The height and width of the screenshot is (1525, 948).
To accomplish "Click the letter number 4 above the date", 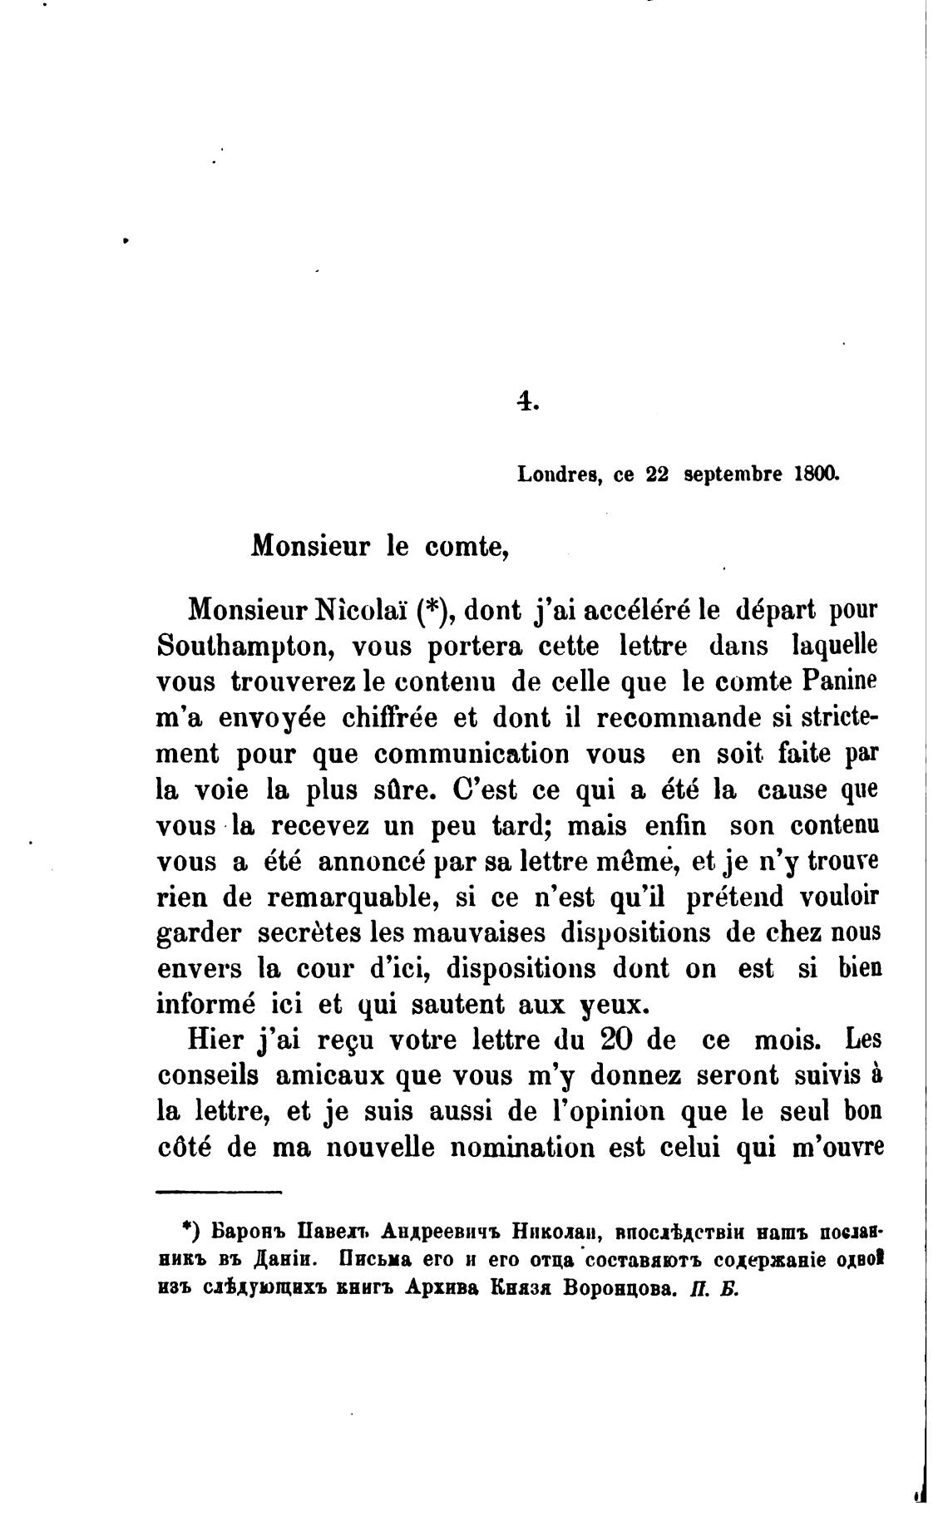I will [526, 402].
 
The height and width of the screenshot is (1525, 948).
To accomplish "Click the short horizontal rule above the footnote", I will [220, 1194].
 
